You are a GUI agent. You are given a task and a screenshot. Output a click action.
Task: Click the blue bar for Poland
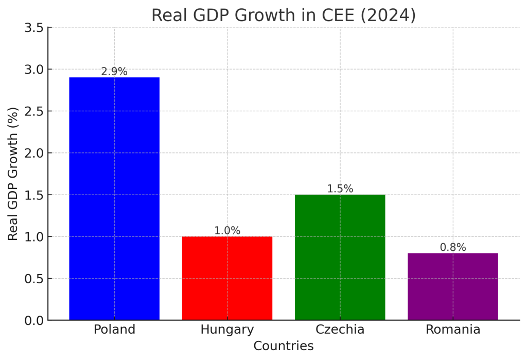[114, 198]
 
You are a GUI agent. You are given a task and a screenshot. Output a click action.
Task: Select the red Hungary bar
[227, 278]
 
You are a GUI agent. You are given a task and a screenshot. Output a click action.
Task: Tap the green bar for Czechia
[340, 257]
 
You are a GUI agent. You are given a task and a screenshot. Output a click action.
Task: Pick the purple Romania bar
[453, 286]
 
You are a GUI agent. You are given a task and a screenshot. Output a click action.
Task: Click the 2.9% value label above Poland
[114, 72]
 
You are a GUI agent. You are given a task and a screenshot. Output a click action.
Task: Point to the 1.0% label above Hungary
[227, 231]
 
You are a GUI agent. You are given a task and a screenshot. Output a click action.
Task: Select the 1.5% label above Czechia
[340, 189]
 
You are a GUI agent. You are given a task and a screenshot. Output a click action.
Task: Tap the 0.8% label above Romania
[453, 247]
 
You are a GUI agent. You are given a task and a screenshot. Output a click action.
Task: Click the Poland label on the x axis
[114, 330]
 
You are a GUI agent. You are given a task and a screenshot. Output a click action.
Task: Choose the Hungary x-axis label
[227, 330]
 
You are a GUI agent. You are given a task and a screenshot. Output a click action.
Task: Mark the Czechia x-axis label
[340, 330]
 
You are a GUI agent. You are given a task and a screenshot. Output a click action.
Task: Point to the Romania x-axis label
[453, 330]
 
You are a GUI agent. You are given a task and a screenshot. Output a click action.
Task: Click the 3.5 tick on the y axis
[34, 28]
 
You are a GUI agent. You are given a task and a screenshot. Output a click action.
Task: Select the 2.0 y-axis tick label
[34, 153]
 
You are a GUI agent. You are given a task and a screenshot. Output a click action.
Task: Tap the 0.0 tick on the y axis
[34, 320]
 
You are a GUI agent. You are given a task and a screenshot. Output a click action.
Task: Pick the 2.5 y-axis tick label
[34, 111]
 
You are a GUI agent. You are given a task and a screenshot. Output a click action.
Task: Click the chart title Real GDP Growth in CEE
[283, 15]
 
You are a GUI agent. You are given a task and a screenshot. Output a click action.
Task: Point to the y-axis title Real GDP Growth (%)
[13, 174]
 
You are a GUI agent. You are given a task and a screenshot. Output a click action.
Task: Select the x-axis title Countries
[283, 346]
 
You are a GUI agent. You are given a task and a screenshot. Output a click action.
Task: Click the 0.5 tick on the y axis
[34, 279]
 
